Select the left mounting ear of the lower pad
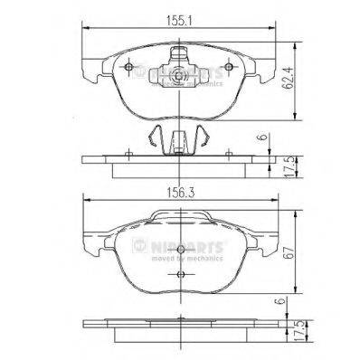(91, 244)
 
